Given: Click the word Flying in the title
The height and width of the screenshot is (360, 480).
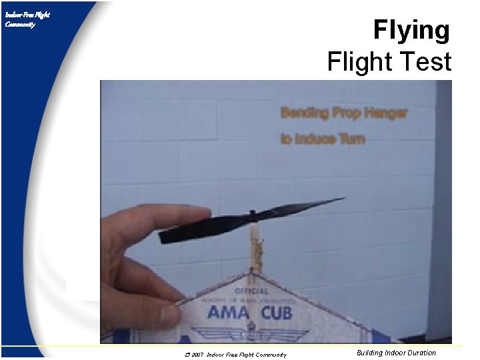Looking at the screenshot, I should click(x=411, y=31).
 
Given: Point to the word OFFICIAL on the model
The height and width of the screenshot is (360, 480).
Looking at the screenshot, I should click(x=251, y=291).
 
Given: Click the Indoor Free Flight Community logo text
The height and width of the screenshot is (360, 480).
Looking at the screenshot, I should click(x=27, y=19).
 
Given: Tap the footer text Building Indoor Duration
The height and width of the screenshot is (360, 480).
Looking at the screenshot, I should click(x=396, y=353).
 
